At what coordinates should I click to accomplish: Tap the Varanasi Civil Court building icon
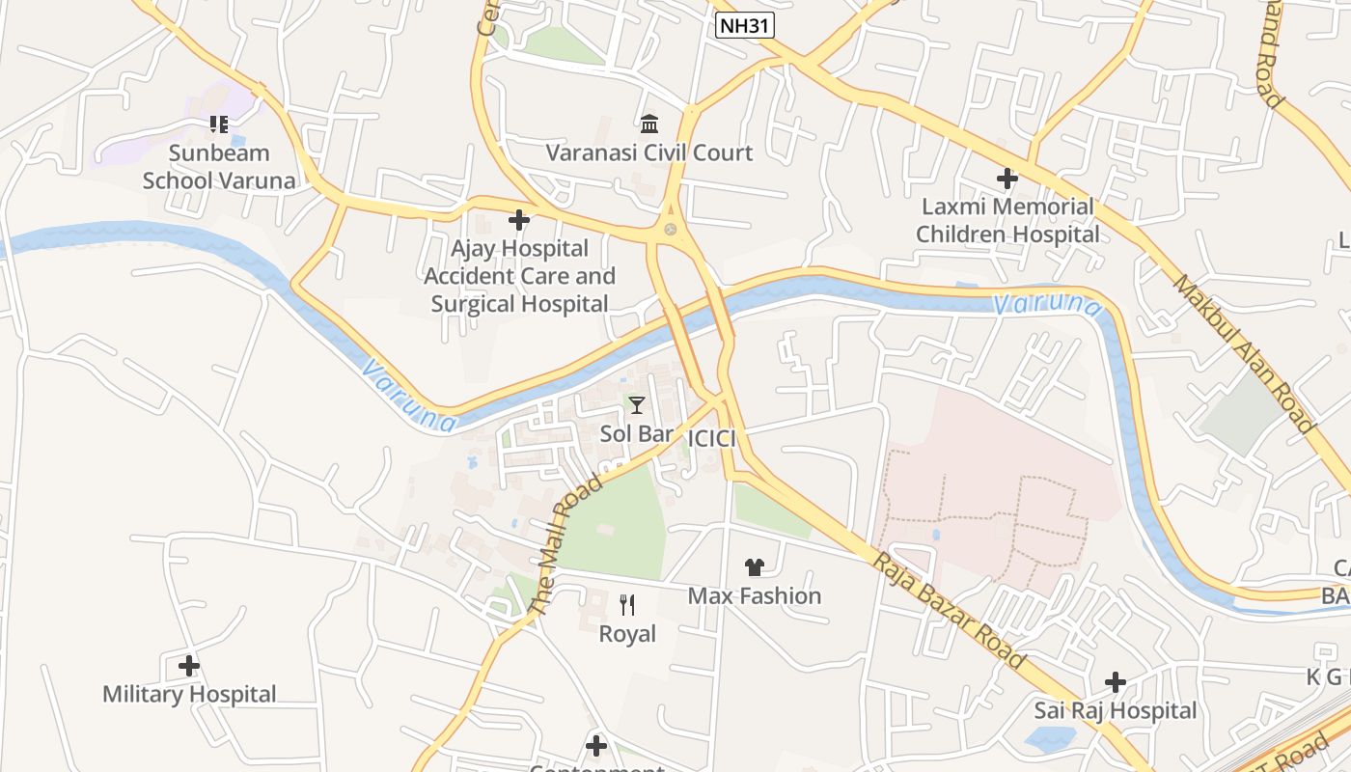(x=649, y=124)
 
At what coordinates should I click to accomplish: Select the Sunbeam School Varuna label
(x=219, y=166)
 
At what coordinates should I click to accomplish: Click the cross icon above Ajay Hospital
(x=519, y=220)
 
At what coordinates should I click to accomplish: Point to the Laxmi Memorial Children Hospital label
(x=1007, y=220)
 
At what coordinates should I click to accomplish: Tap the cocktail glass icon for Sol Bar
(x=636, y=405)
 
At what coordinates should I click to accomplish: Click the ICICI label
(x=711, y=439)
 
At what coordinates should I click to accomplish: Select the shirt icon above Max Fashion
(x=754, y=567)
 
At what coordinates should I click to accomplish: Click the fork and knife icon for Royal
(x=627, y=605)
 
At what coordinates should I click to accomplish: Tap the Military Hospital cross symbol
(x=189, y=666)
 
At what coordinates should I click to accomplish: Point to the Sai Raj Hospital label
(x=1116, y=711)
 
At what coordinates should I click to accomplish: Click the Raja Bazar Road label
(x=950, y=610)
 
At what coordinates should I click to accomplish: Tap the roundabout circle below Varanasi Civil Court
(x=670, y=230)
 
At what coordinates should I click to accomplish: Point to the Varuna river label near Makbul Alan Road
(x=1046, y=305)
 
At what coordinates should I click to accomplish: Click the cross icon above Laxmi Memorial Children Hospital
(x=1007, y=179)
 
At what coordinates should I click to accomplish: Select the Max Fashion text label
(x=754, y=596)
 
